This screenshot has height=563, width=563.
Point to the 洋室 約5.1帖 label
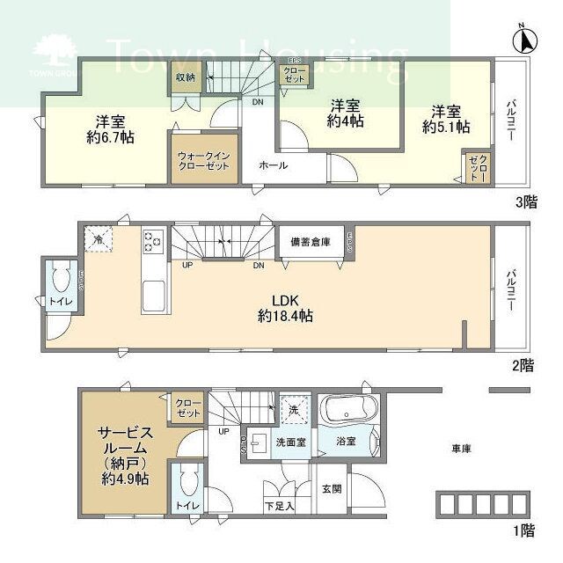[445, 120]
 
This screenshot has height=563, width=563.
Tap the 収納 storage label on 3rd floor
[185, 77]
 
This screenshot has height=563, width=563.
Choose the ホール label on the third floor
[273, 165]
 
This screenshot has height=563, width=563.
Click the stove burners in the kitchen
[152, 240]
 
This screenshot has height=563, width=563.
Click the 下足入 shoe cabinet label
[280, 506]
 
